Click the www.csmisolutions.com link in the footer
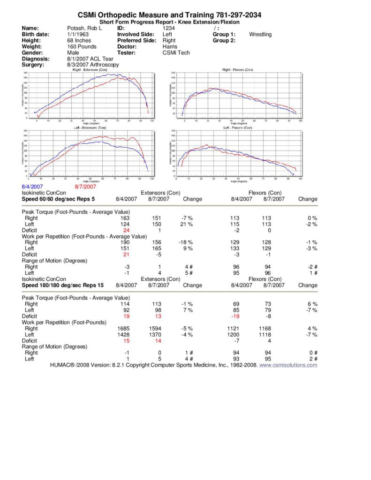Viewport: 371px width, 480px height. pyautogui.click(x=288, y=365)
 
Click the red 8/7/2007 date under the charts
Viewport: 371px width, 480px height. pyautogui.click(x=85, y=186)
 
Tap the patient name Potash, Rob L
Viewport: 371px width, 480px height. pyautogui.click(x=84, y=28)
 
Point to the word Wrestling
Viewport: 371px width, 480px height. pyautogui.click(x=260, y=34)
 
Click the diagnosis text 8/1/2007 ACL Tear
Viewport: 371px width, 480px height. pyautogui.click(x=91, y=59)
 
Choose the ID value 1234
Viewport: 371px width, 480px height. pyautogui.click(x=168, y=28)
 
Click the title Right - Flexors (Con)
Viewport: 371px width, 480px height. pyautogui.click(x=237, y=70)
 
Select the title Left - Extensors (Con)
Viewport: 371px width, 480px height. pyautogui.click(x=89, y=127)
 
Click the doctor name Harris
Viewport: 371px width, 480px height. pyautogui.click(x=170, y=47)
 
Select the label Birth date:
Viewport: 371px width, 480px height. pyautogui.click(x=36, y=34)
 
